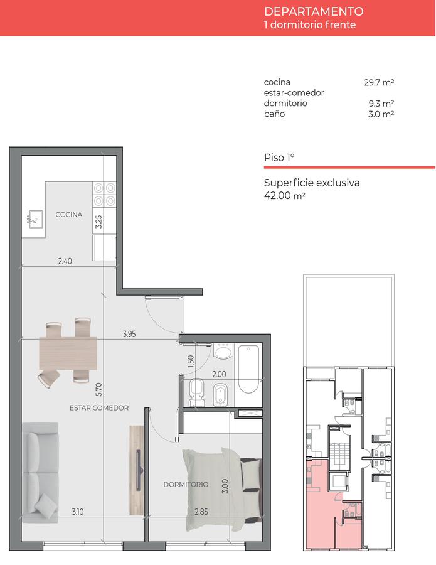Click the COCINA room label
point(69,215)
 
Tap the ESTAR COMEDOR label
point(99,408)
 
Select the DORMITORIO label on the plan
point(186,484)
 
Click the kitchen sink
point(35,219)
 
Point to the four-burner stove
point(104,194)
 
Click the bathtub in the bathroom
point(248,369)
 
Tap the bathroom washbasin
point(223,351)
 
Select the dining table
point(68,353)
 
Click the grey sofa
point(40,473)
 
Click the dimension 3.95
point(129,334)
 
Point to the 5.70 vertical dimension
point(99,389)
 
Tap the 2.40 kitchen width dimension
point(65,261)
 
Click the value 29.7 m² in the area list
point(379,82)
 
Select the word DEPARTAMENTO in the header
point(314,12)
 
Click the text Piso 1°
point(279,158)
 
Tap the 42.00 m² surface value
point(284,196)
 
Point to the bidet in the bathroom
point(220,395)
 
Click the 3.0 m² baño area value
point(381,114)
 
